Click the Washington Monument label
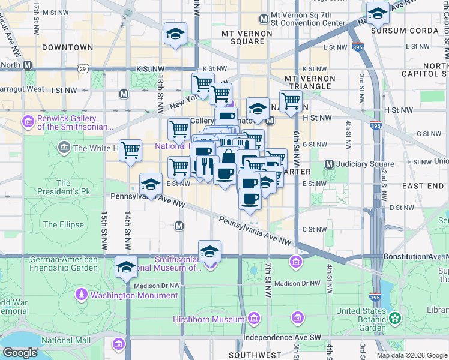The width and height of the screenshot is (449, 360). tap(134, 295)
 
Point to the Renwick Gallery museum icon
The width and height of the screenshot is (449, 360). tap(28, 122)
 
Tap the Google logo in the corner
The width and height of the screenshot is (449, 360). tap(20, 353)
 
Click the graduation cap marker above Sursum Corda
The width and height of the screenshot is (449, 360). tap(378, 13)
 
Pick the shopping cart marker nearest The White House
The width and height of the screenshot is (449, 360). tap(130, 150)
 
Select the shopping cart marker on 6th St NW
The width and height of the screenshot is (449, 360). tap(291, 101)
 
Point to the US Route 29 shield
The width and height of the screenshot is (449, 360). tap(82, 70)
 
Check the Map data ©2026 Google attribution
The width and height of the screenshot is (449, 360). tap(412, 355)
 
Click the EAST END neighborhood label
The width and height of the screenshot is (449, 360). tap(423, 187)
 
